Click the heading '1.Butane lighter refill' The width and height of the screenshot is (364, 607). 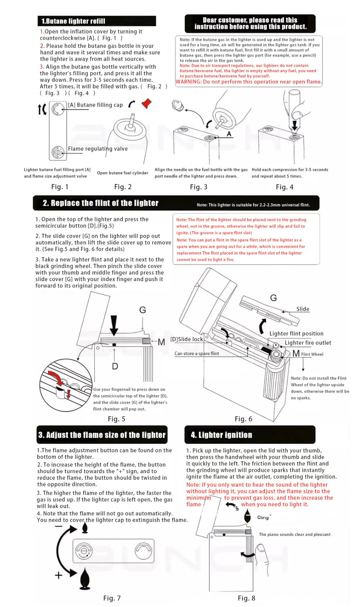(x=73, y=21)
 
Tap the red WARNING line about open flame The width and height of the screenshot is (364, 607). (x=248, y=82)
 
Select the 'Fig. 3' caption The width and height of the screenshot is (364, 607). (x=198, y=187)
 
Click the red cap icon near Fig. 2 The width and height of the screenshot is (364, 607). (x=146, y=103)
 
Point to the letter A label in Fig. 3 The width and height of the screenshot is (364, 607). (x=229, y=134)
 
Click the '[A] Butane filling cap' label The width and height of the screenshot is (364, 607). (x=95, y=105)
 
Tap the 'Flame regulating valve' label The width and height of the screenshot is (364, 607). (x=98, y=149)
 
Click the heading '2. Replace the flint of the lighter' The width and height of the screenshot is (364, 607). (x=101, y=203)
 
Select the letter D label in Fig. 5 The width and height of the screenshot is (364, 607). (x=115, y=366)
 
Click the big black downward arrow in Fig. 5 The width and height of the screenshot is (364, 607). (x=114, y=325)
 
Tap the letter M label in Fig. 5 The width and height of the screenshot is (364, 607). (x=161, y=342)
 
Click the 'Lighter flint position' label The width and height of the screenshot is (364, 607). (x=296, y=334)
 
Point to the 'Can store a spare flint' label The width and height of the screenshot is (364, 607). (x=197, y=353)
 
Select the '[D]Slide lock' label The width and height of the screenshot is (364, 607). (x=187, y=339)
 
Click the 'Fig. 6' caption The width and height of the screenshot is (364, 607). (x=243, y=419)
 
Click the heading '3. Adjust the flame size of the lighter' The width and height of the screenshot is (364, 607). (x=102, y=435)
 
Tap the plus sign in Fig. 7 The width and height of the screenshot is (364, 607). (x=59, y=575)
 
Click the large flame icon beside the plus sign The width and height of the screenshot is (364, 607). (x=85, y=577)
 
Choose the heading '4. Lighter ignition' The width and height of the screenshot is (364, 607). (x=221, y=435)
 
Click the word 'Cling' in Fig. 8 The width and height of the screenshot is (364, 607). (x=263, y=517)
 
